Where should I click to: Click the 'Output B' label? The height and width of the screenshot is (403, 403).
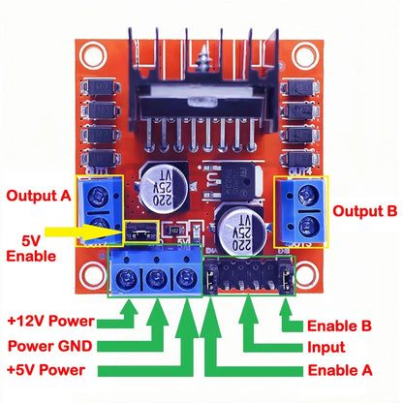point(364,209)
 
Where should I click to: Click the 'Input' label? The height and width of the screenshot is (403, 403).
point(326,348)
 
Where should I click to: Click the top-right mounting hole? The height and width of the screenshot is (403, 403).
point(307,55)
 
